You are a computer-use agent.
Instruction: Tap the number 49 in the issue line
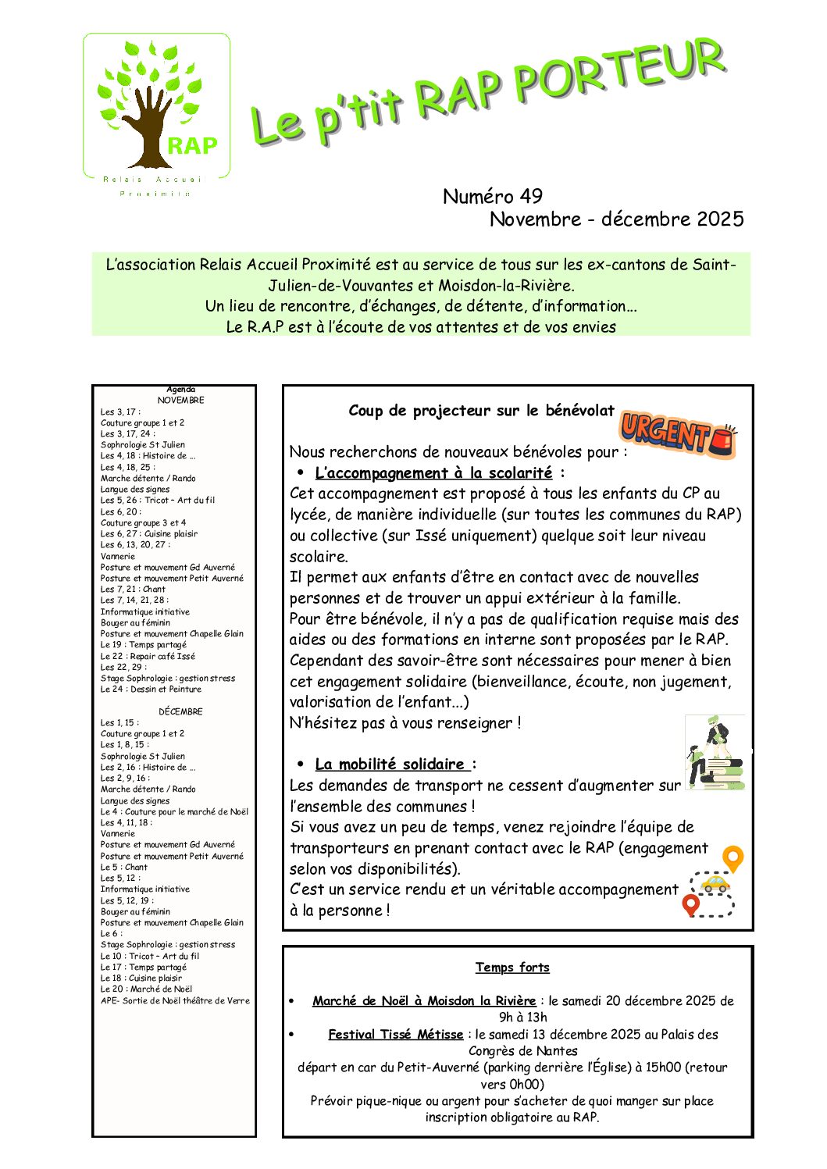pyautogui.click(x=530, y=196)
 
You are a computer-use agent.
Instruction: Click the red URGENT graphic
pyautogui.click(x=676, y=434)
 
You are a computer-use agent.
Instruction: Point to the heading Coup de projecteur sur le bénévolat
pyautogui.click(x=481, y=411)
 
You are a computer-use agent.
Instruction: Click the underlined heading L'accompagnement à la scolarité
pyautogui.click(x=433, y=473)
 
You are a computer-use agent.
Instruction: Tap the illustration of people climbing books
pyautogui.click(x=715, y=753)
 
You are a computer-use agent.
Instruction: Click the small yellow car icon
pyautogui.click(x=715, y=884)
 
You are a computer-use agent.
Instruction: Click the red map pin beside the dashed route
pyautogui.click(x=690, y=905)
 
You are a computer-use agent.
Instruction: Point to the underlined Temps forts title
pyautogui.click(x=512, y=968)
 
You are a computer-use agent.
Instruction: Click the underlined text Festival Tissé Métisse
pyautogui.click(x=396, y=1035)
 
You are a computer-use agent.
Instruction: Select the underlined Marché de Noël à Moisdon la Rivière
pyautogui.click(x=424, y=1001)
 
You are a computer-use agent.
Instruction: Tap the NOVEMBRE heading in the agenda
pyautogui.click(x=180, y=401)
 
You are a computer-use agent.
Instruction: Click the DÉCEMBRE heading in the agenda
pyautogui.click(x=180, y=712)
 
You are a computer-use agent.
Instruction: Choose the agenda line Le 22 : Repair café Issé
pyautogui.click(x=148, y=657)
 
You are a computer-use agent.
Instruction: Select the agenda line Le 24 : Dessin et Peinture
pyautogui.click(x=151, y=690)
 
